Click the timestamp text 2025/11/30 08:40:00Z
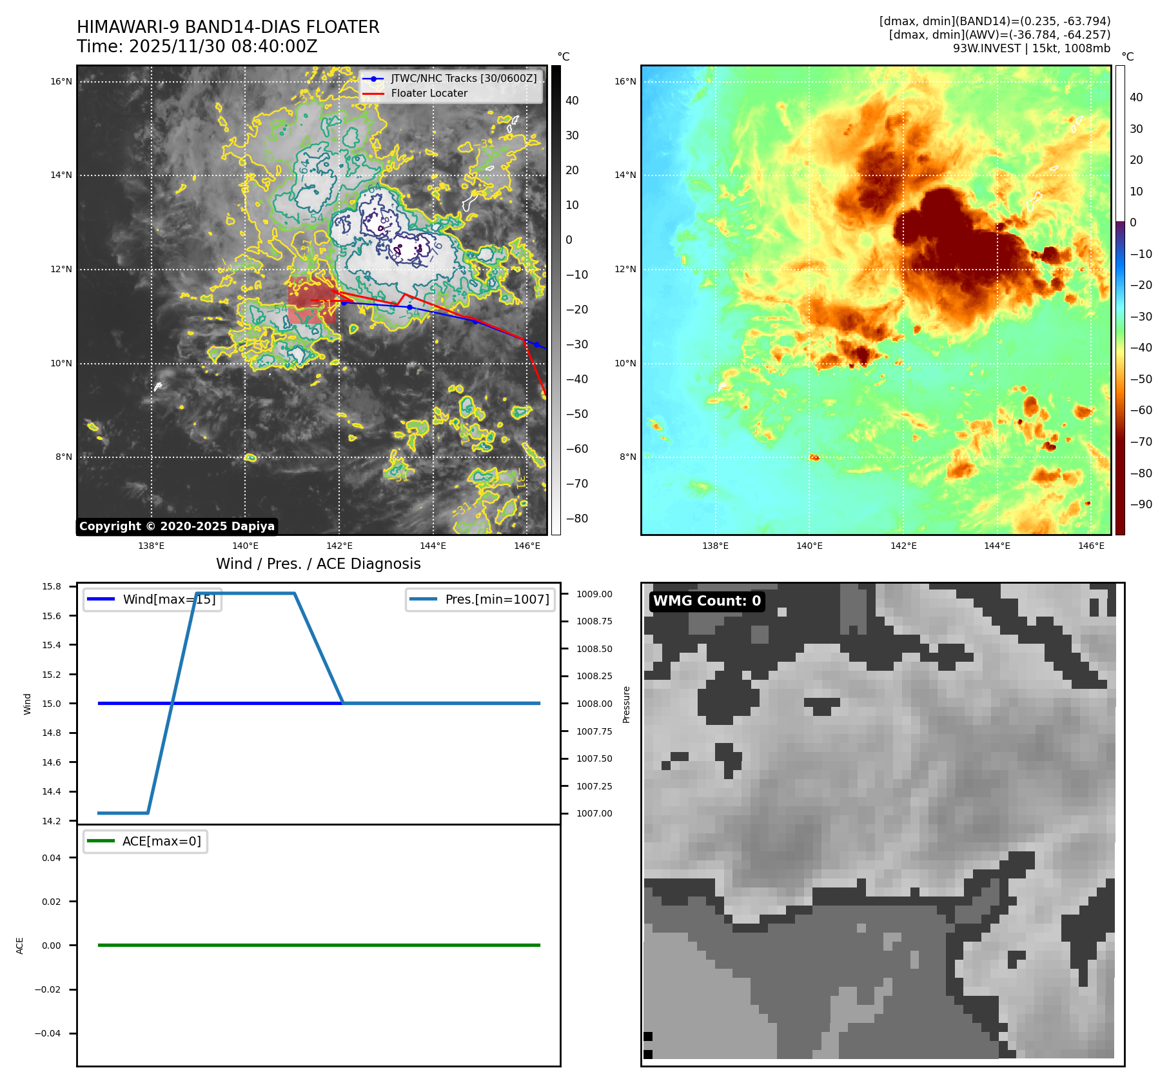coord(222,47)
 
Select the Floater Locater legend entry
coord(429,94)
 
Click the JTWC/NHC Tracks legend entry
coord(463,79)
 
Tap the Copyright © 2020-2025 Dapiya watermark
coord(177,526)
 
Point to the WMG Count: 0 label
coord(707,601)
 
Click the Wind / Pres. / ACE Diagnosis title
coord(318,564)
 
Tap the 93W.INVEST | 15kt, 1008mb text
coord(1032,48)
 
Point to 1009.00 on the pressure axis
coord(594,594)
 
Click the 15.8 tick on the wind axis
coord(52,586)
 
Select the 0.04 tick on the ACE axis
coord(52,858)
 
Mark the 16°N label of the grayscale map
coord(61,82)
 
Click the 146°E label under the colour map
coord(1091,546)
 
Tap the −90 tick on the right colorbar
coord(1141,504)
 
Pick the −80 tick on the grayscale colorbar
coord(576,519)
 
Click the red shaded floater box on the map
coord(311,301)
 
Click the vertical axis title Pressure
coord(626,704)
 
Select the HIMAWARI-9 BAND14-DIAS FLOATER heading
coord(228,27)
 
